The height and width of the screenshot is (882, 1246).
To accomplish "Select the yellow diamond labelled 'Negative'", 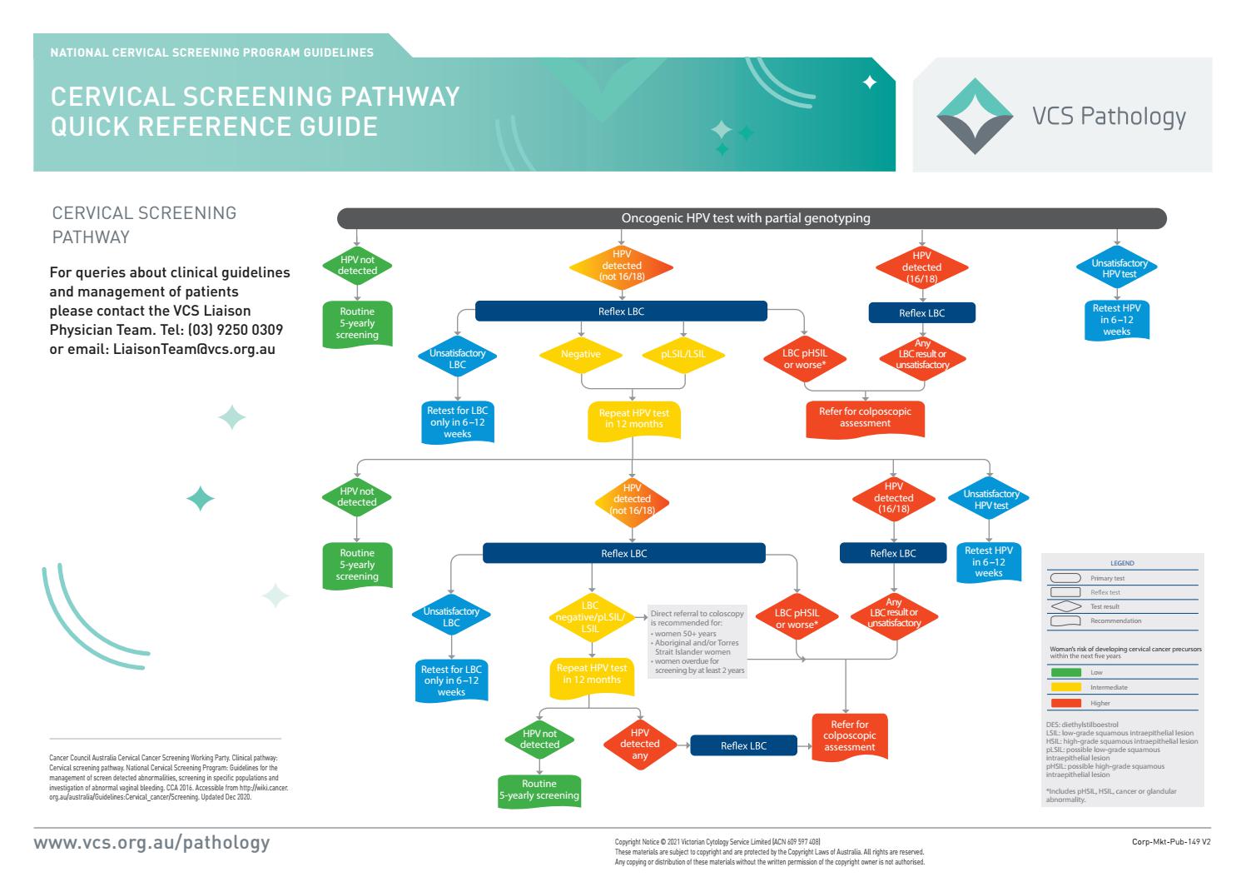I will point(580,354).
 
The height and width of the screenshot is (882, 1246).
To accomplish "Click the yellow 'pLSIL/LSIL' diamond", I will point(683,354).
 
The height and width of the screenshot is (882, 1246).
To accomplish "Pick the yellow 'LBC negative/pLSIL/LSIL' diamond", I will point(590,617).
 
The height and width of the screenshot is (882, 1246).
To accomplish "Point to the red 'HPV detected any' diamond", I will point(639,745).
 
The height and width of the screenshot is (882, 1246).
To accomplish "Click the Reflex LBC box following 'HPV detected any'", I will point(743,745).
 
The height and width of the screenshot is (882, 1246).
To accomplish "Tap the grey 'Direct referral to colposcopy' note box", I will point(697,641).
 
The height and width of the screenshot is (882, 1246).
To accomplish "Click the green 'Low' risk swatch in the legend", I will point(1065,673).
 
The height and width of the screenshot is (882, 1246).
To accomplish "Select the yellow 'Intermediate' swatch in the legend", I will point(1065,687).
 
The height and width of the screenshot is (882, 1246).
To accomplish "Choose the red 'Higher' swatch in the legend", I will point(1065,703).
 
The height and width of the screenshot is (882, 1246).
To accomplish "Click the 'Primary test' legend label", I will point(1107,578).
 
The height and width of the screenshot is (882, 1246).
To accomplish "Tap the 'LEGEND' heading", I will point(1122,563).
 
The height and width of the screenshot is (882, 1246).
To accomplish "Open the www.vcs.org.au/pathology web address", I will point(151,842).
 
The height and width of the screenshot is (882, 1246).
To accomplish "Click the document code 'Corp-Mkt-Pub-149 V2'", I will point(1170,842).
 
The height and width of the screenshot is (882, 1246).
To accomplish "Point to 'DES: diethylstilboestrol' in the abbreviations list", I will point(1082,725).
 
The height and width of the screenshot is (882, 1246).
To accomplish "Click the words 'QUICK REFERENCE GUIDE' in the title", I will point(214,127).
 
